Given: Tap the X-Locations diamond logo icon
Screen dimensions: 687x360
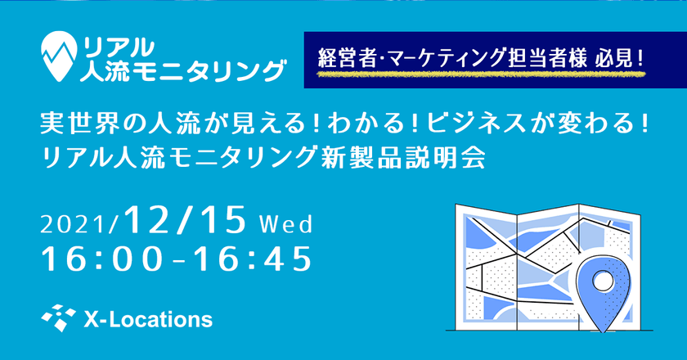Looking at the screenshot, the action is pyautogui.click(x=58, y=318).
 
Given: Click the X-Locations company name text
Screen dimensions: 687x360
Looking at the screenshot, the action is pyautogui.click(x=148, y=319).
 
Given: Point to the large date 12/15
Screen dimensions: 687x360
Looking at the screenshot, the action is pyautogui.click(x=186, y=220).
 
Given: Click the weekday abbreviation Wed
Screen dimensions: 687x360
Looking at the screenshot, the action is pyautogui.click(x=286, y=224).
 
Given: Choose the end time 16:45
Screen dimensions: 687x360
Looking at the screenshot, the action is pyautogui.click(x=254, y=259).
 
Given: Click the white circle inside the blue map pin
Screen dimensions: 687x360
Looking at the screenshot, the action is pyautogui.click(x=603, y=280).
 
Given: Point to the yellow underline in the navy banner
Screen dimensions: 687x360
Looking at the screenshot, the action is pyautogui.click(x=481, y=74).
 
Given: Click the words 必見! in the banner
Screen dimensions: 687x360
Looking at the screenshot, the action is pyautogui.click(x=619, y=59).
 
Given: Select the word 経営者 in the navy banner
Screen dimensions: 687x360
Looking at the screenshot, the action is pyautogui.click(x=347, y=59).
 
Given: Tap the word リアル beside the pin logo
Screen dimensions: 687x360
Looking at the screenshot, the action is pyautogui.click(x=119, y=47).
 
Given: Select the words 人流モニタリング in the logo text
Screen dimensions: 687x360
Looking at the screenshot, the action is pyautogui.click(x=182, y=71).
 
